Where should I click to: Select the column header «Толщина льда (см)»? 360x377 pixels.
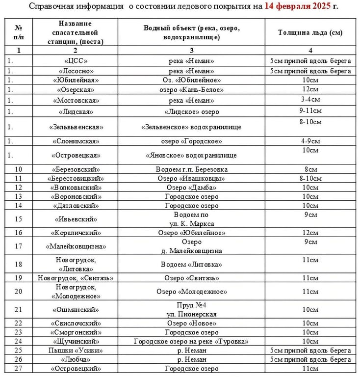coord(310,32)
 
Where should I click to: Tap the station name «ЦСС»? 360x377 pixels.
coord(75,60)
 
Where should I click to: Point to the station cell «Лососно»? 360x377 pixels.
coord(75,71)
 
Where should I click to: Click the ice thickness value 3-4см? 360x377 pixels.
coord(310,100)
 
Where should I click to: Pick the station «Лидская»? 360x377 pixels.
coord(75,111)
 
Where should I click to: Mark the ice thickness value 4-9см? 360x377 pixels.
coord(310,141)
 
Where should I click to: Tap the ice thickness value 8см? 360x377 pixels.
coord(310,169)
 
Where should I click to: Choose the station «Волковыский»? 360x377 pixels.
coord(75,188)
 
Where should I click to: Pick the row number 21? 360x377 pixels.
coord(19,310)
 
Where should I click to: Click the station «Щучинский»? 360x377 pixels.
coord(75,341)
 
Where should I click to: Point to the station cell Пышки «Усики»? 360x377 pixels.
coord(75,350)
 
